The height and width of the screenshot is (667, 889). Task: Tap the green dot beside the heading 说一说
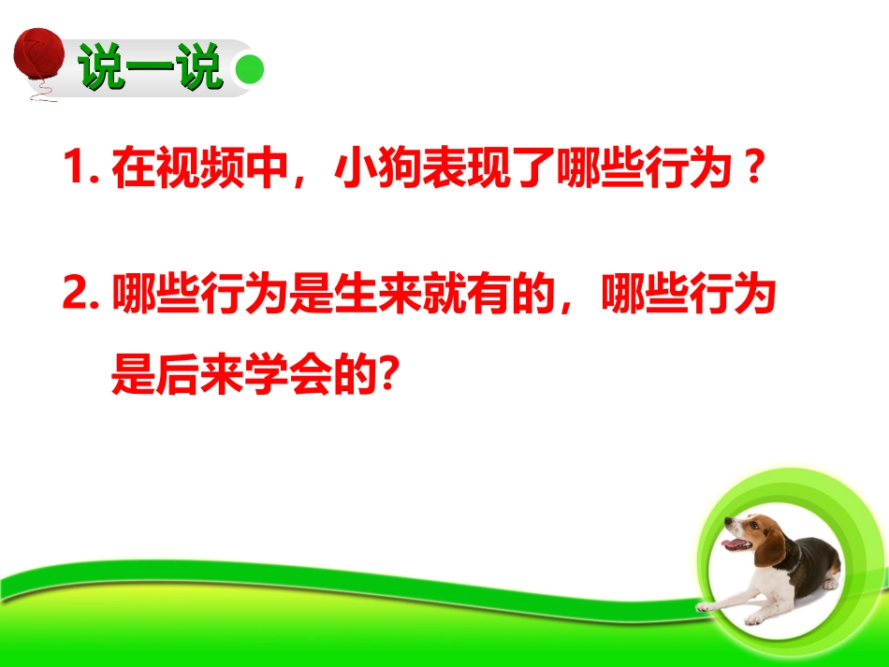(x=248, y=70)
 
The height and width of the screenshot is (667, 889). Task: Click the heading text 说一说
(x=150, y=68)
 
